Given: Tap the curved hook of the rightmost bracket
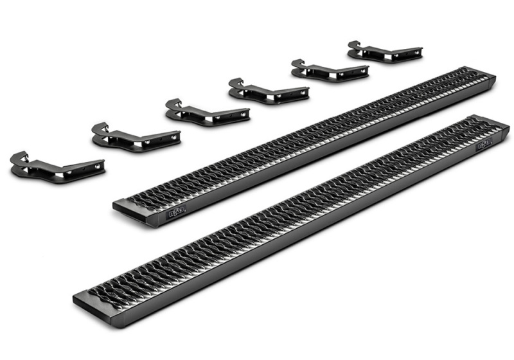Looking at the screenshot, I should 355,45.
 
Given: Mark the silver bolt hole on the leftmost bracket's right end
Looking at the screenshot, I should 97,166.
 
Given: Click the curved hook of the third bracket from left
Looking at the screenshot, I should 172,104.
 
